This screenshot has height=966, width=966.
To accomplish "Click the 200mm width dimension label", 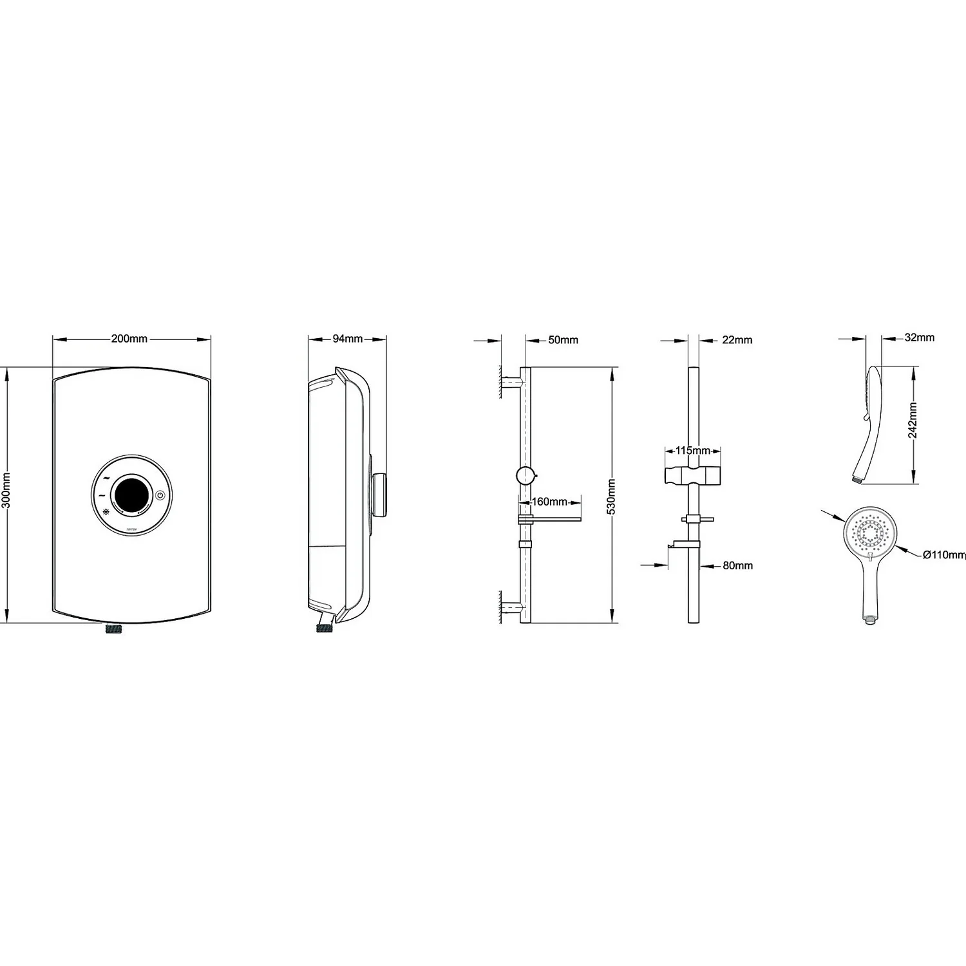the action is pyautogui.click(x=129, y=339).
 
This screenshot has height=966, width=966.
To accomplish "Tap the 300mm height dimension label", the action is pyautogui.click(x=6, y=490).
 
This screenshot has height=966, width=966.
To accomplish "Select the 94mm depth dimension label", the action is pyautogui.click(x=348, y=339).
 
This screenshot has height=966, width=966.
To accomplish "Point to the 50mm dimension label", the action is pyautogui.click(x=563, y=340).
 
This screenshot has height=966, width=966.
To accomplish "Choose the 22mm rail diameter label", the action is pyautogui.click(x=737, y=340).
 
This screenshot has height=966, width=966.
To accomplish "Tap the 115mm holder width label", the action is pyautogui.click(x=692, y=451).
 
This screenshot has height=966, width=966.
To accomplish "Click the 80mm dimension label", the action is pyautogui.click(x=737, y=565).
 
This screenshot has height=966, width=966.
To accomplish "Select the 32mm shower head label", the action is pyautogui.click(x=919, y=337).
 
